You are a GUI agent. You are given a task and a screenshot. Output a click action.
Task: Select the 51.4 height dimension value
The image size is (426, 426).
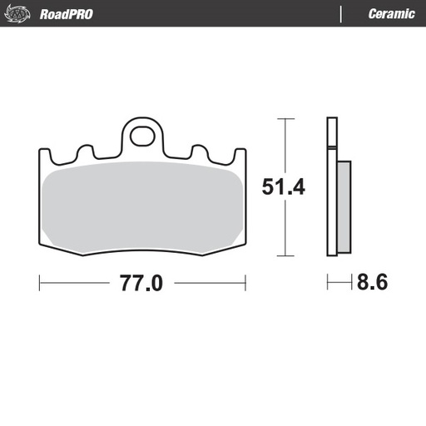click(x=284, y=187)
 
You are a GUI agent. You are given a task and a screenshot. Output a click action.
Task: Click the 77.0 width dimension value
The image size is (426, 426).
click(x=142, y=283)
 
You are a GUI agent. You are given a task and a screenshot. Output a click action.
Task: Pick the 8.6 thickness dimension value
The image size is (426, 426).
click(x=372, y=283)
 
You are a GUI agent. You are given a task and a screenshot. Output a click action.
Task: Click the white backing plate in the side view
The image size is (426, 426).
click(x=331, y=191)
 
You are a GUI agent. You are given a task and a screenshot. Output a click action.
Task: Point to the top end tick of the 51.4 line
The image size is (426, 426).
click(x=285, y=120)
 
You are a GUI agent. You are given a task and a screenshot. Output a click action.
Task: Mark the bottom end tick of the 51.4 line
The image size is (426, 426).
click(x=285, y=255)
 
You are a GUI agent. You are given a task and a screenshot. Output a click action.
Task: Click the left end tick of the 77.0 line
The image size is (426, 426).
click(x=40, y=283)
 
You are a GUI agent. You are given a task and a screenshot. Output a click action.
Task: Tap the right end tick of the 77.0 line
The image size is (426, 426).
click(x=246, y=283)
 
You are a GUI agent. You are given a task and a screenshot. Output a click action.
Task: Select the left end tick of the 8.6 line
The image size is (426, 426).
click(x=327, y=283)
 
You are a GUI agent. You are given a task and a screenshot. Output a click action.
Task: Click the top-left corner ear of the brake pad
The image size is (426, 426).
click(x=43, y=154)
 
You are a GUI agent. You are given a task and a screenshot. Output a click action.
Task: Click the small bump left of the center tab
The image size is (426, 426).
click(x=83, y=152)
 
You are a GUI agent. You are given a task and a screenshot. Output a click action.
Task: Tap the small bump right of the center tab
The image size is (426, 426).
click(x=200, y=152)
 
